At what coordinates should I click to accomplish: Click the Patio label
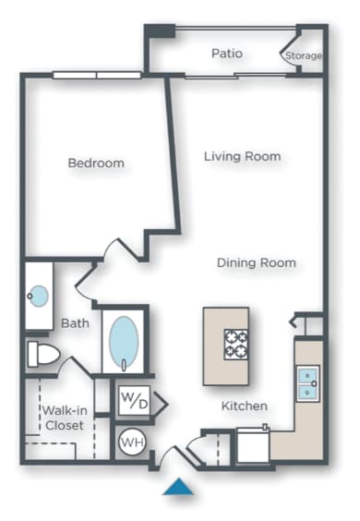click(x=227, y=54)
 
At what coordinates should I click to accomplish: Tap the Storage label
click(x=303, y=55)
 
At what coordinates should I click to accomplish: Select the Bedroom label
click(x=96, y=164)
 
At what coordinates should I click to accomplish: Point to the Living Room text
click(x=243, y=156)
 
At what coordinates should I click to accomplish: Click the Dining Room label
click(x=257, y=263)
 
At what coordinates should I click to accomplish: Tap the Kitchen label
click(x=245, y=406)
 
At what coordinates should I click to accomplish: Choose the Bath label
click(x=74, y=323)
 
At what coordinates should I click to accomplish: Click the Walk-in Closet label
click(x=63, y=418)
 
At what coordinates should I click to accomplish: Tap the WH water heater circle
click(x=130, y=442)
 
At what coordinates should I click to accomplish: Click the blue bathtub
click(x=123, y=342)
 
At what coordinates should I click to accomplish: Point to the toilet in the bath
click(x=42, y=354)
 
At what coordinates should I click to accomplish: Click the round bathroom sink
click(x=39, y=297)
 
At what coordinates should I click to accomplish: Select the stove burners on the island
click(x=235, y=344)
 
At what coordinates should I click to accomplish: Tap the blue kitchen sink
click(x=307, y=382)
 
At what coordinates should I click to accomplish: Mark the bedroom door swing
click(x=122, y=250)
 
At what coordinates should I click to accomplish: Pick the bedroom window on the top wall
click(x=97, y=75)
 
